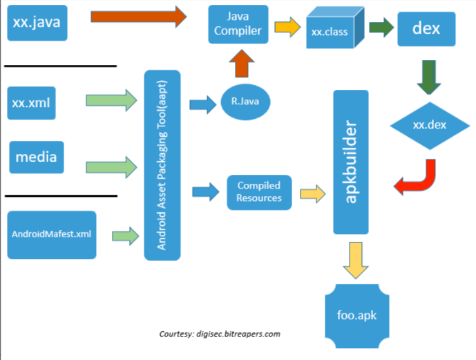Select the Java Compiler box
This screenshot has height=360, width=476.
pyautogui.click(x=238, y=24)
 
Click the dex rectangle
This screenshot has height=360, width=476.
pyautogui.click(x=426, y=28)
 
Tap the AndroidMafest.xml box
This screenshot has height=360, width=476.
pyautogui.click(x=52, y=234)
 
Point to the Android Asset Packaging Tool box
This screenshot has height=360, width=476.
pyautogui.click(x=162, y=165)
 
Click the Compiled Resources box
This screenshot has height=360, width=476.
pyautogui.click(x=259, y=192)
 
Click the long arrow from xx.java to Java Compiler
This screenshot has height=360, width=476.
pyautogui.click(x=138, y=17)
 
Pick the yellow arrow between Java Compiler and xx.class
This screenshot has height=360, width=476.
pyautogui.click(x=284, y=28)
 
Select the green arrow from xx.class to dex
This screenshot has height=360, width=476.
pyautogui.click(x=377, y=28)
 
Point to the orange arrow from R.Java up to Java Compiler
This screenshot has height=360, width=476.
pyautogui.click(x=242, y=66)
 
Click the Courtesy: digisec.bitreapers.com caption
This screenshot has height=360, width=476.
pyautogui.click(x=219, y=334)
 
